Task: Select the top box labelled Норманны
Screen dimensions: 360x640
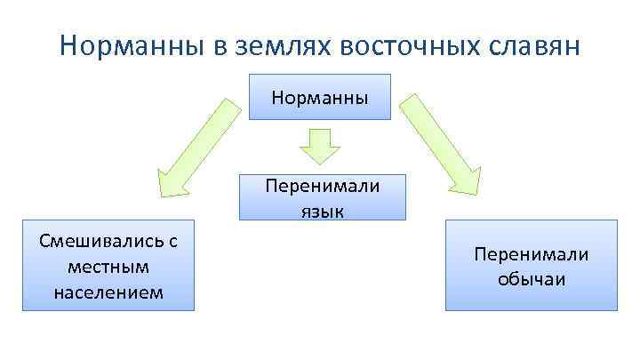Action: point(319,97)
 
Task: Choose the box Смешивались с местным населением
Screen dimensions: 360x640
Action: point(108,265)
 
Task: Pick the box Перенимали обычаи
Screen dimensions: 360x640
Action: point(531,265)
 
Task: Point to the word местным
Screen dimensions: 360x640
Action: point(108,266)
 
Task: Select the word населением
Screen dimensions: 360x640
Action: point(108,292)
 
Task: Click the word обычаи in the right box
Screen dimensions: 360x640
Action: point(532,279)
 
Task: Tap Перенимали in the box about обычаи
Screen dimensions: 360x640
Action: point(532,254)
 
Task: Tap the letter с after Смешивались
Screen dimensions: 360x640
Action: point(173,240)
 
